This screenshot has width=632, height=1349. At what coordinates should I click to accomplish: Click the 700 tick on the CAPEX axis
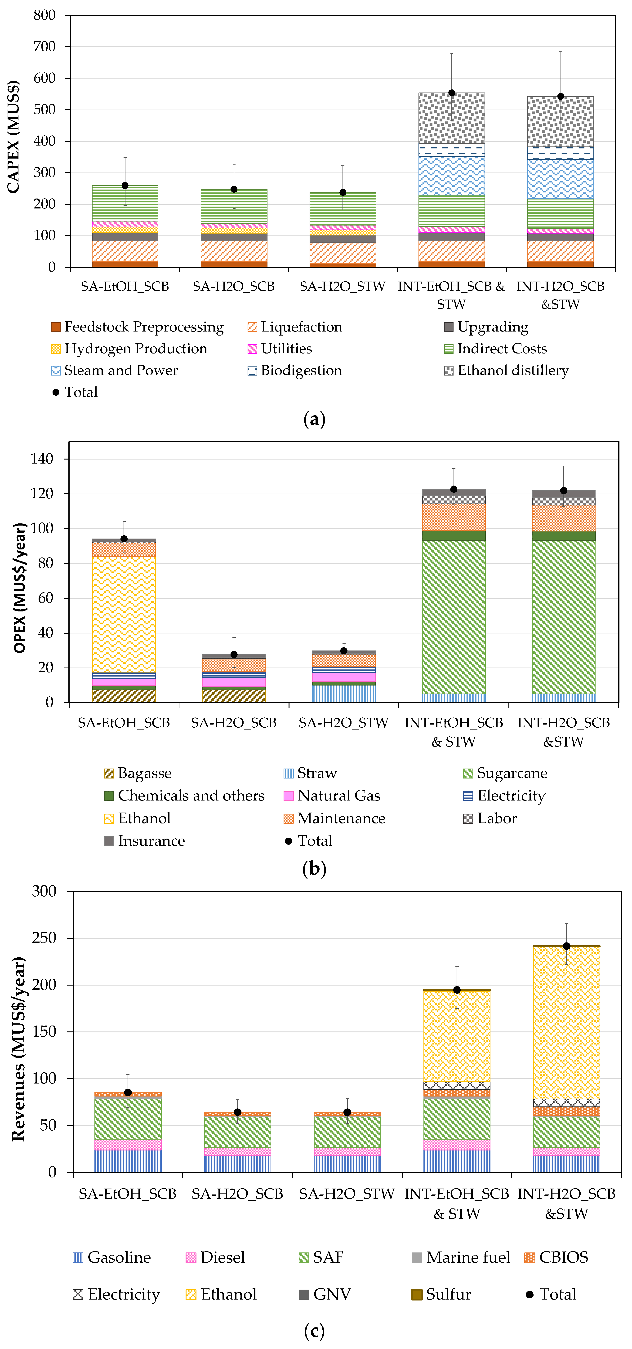pos(45,47)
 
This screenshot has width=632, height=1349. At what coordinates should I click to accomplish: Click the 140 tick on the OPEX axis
pos(42,459)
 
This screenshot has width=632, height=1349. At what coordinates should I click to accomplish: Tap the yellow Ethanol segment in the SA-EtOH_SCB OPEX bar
pos(124,614)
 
